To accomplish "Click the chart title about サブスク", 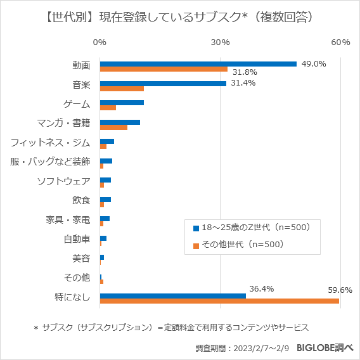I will (x=179, y=17).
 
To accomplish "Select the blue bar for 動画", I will (x=198, y=63).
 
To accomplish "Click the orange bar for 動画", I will (x=164, y=70).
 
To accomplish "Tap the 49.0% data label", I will (x=313, y=63).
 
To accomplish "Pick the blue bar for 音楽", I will (x=163, y=83).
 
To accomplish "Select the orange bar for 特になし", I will (x=219, y=301).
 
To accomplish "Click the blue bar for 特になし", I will (x=172, y=295).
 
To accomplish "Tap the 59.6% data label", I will (x=340, y=290).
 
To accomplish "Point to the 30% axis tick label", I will (x=220, y=42).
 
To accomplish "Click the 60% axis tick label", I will (x=340, y=42).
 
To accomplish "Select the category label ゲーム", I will (x=77, y=104).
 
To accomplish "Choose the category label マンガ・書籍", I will (x=63, y=123).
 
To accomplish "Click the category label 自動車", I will (x=77, y=239).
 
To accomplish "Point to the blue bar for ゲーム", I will (x=122, y=102).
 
